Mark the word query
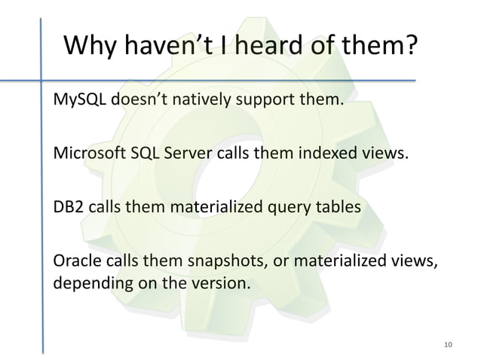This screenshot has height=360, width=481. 281,209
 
